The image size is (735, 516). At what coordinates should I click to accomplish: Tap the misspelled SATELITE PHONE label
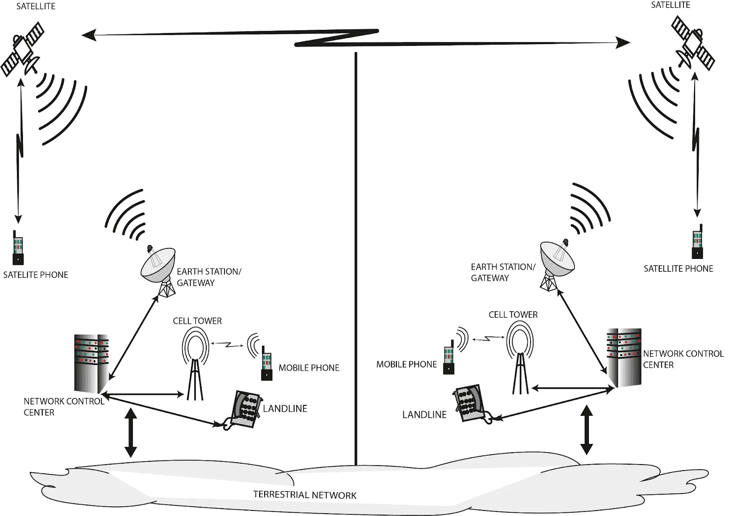35,275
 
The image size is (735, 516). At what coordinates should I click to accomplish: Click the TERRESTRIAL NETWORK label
305,495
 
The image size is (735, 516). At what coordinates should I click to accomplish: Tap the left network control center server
92,363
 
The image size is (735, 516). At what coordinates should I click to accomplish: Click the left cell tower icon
195,363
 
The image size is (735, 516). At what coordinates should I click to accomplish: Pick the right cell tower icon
520,356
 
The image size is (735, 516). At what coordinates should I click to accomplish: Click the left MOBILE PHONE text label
309,368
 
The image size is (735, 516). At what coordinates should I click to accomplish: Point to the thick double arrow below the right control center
587,430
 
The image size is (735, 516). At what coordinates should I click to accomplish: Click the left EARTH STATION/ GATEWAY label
209,277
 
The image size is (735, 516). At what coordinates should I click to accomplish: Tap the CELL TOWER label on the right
513,315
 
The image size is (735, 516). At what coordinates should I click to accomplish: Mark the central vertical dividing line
356,257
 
